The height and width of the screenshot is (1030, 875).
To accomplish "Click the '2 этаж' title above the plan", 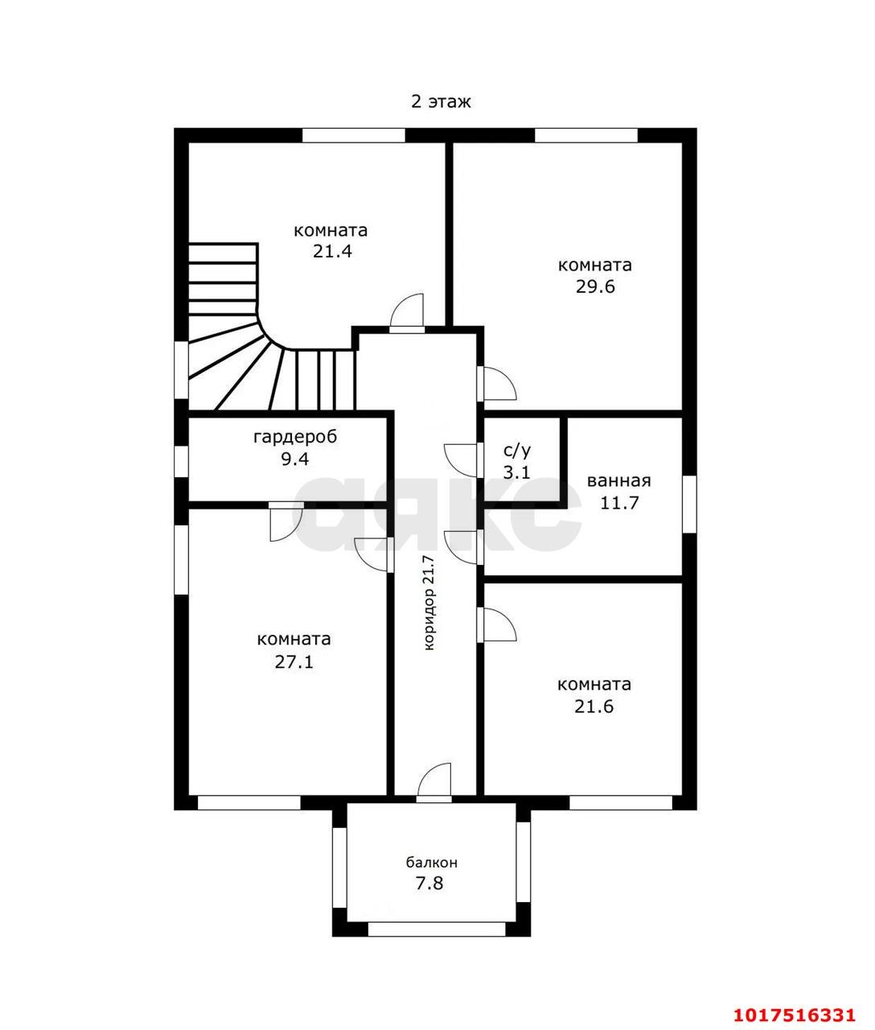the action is pos(440,101).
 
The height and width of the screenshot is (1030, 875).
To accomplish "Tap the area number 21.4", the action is pos(332,251).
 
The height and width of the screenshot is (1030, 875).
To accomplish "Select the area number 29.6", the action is pos(595,286).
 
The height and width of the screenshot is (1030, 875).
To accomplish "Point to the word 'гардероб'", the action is pos(295,437).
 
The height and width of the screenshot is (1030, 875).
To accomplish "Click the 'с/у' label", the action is pos(517,451).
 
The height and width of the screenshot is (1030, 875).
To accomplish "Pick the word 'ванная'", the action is pos(618,481).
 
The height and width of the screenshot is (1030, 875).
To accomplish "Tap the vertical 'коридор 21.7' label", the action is pos(429,603).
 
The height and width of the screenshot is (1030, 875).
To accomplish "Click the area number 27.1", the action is pos(294,661).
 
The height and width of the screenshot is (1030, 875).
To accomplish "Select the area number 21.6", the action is pos(594,707).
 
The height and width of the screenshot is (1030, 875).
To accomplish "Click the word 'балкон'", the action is pos(431,862).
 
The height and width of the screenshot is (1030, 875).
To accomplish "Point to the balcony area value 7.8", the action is pos(429,884).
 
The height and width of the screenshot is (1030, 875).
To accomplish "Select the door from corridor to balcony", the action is pos(433,783).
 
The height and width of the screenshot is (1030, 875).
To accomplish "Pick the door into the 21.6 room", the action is pos(496,624).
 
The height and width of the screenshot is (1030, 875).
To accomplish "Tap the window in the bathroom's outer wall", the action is pos(689,505).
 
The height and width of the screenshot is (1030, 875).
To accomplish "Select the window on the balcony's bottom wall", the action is pos(437,929).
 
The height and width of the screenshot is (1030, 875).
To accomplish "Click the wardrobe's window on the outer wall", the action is pos(181,461).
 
